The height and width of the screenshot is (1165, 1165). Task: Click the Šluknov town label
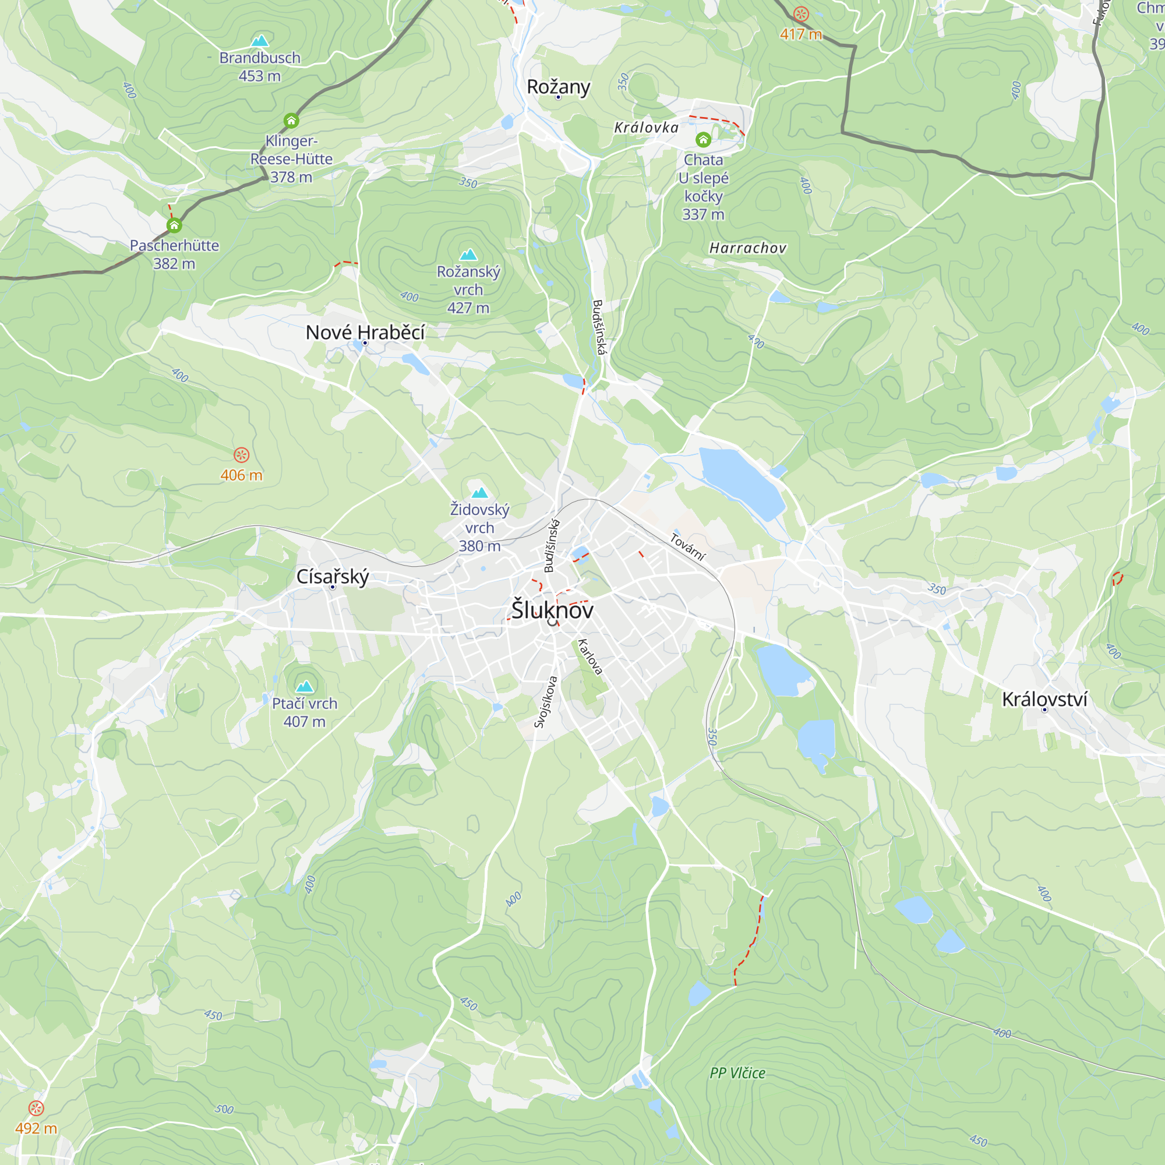click(x=552, y=610)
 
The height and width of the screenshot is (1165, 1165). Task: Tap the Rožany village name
click(x=559, y=87)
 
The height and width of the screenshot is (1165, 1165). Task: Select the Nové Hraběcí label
click(x=365, y=332)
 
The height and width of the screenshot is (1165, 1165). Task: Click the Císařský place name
click(x=332, y=577)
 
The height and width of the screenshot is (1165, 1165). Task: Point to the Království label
click(x=1044, y=700)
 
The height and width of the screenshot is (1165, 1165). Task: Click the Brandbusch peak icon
click(x=260, y=41)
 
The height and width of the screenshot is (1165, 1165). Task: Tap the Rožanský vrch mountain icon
click(x=468, y=255)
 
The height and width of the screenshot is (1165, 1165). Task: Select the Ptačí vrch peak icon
click(x=305, y=686)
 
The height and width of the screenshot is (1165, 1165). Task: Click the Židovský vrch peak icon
click(x=479, y=493)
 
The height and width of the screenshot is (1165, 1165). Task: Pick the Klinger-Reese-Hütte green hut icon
click(x=291, y=121)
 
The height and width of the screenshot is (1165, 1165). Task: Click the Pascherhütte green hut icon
click(x=174, y=225)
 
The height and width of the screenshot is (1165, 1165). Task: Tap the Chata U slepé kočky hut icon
click(x=703, y=140)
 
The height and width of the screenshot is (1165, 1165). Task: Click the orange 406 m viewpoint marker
click(x=241, y=455)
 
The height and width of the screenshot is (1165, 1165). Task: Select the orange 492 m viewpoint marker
click(x=36, y=1108)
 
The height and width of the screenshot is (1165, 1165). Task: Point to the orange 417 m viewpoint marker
click(x=801, y=14)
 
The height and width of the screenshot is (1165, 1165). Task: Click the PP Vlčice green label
click(x=737, y=1073)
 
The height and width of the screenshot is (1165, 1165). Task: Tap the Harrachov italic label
click(x=748, y=248)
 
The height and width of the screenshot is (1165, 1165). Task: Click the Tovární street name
click(x=687, y=547)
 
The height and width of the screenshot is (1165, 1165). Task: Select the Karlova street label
click(x=589, y=656)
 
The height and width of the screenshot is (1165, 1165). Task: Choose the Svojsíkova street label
click(x=546, y=701)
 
